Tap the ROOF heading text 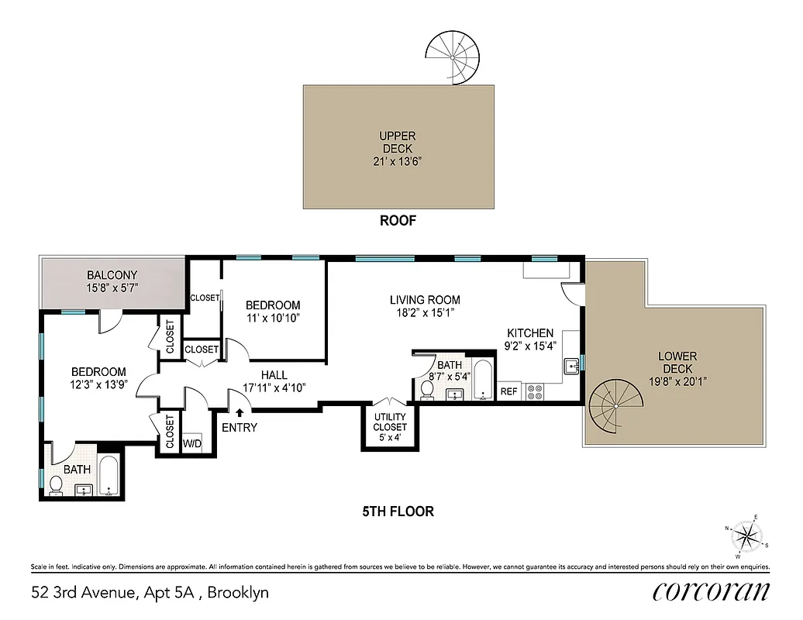[398, 221]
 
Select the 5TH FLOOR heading [398, 511]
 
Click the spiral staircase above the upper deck [453, 57]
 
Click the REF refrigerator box [508, 392]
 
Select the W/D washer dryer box [191, 444]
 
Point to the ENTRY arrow [240, 415]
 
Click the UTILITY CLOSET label [390, 422]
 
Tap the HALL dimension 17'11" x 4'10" [279, 387]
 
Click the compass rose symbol [747, 536]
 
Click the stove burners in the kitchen [535, 391]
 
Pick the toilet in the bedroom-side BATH [56, 486]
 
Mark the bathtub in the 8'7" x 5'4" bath [482, 381]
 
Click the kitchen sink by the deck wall [571, 364]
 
